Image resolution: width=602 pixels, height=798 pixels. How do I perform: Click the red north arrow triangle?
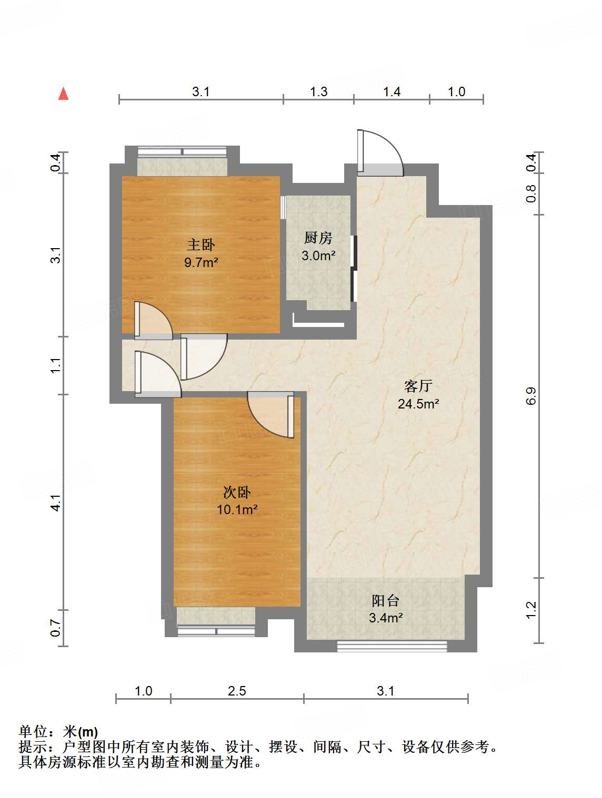tap(64, 94)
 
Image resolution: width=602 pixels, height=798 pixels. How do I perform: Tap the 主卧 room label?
tap(201, 244)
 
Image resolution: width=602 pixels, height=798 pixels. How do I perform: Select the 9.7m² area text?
tap(201, 262)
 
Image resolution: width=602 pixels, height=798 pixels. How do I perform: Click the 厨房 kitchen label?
tap(318, 238)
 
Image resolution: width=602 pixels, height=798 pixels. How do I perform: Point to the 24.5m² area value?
tap(418, 404)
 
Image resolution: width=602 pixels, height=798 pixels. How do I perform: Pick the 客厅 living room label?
tap(418, 386)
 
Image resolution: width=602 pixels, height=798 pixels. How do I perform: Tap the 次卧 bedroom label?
tap(237, 492)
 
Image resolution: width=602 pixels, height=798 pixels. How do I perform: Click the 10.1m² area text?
tap(237, 509)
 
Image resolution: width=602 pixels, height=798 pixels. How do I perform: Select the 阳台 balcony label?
tap(386, 600)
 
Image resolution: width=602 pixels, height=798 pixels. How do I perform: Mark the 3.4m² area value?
tap(386, 618)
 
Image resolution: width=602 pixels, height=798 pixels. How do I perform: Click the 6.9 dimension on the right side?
tap(531, 395)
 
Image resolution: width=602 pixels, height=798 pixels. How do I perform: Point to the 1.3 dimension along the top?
tap(318, 92)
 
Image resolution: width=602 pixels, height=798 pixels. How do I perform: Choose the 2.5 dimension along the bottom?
tap(237, 691)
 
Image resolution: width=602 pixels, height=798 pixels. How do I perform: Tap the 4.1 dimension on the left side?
tap(56, 502)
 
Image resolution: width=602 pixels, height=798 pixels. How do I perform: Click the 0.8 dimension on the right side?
tap(531, 193)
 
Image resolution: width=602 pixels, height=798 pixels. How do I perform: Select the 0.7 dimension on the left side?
tap(56, 628)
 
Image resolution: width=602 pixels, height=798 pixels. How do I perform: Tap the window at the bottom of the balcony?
tap(392, 646)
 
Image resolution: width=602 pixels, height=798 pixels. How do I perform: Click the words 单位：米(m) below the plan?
tap(58, 731)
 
